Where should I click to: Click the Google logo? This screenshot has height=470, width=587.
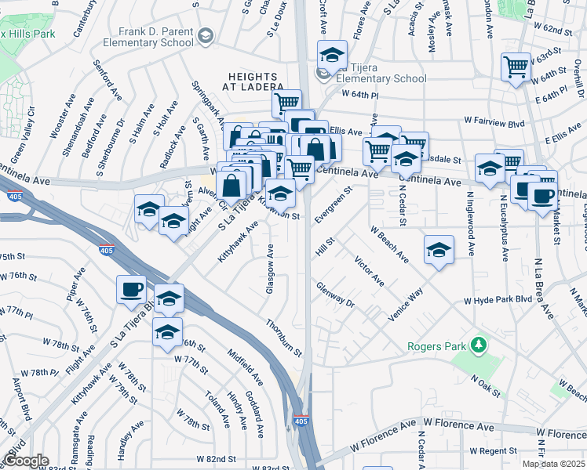pyautogui.click(x=26, y=461)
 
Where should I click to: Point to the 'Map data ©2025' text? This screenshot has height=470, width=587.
pyautogui.click(x=552, y=464)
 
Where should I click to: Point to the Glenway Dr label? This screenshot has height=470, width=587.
pyautogui.click(x=336, y=297)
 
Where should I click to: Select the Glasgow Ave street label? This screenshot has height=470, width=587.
pyautogui.click(x=270, y=269)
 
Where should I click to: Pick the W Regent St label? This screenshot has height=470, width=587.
pyautogui.click(x=494, y=452)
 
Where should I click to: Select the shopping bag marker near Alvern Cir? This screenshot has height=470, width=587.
pyautogui.click(x=232, y=186)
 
